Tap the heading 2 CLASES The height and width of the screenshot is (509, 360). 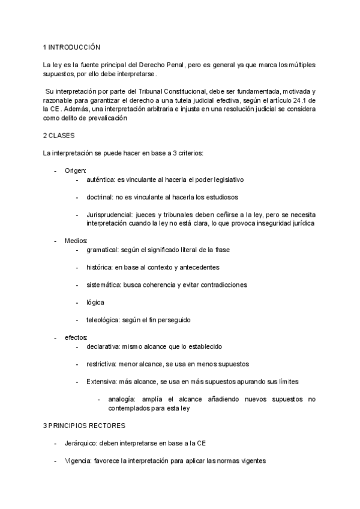(x=58, y=136)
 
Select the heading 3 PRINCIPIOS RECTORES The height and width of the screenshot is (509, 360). (x=84, y=426)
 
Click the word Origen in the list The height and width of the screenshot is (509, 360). (x=75, y=171)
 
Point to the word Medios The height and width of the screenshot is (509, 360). (x=76, y=241)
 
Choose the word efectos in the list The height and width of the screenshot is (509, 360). (x=76, y=337)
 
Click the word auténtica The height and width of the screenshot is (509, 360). (x=100, y=179)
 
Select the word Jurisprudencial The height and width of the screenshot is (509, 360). (x=109, y=214)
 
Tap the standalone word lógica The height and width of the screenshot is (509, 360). (x=95, y=302)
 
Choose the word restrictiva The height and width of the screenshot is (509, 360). (x=101, y=364)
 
